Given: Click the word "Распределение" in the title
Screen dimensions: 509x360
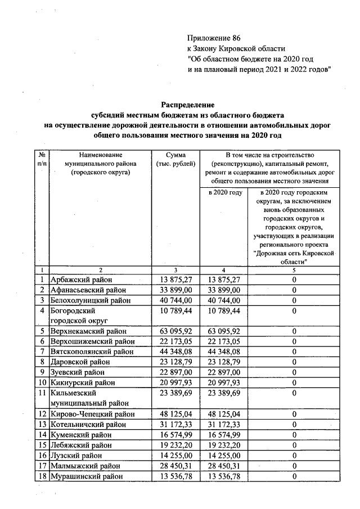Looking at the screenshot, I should pos(188,105).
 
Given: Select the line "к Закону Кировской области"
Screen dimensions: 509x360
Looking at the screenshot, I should pos(236,49).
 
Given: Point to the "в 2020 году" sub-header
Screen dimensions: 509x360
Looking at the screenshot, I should pos(224,193).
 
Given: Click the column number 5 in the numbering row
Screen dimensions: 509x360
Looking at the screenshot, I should pos(294,271).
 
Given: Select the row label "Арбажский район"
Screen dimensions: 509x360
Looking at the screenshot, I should pos(81,280).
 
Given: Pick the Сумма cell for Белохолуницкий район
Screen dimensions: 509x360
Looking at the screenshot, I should pos(176,300).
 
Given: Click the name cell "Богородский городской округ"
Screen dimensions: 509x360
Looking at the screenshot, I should pos(78,316).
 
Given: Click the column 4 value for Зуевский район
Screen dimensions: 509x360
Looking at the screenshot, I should pos(224,372).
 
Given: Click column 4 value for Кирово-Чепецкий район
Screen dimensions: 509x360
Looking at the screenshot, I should pos(224,415).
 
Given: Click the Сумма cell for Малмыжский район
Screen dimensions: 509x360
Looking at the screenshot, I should pos(176,466).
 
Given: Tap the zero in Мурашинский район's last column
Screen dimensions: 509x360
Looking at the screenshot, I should pos(294,477).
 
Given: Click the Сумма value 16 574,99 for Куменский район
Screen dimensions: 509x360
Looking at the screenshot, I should pos(176,435).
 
